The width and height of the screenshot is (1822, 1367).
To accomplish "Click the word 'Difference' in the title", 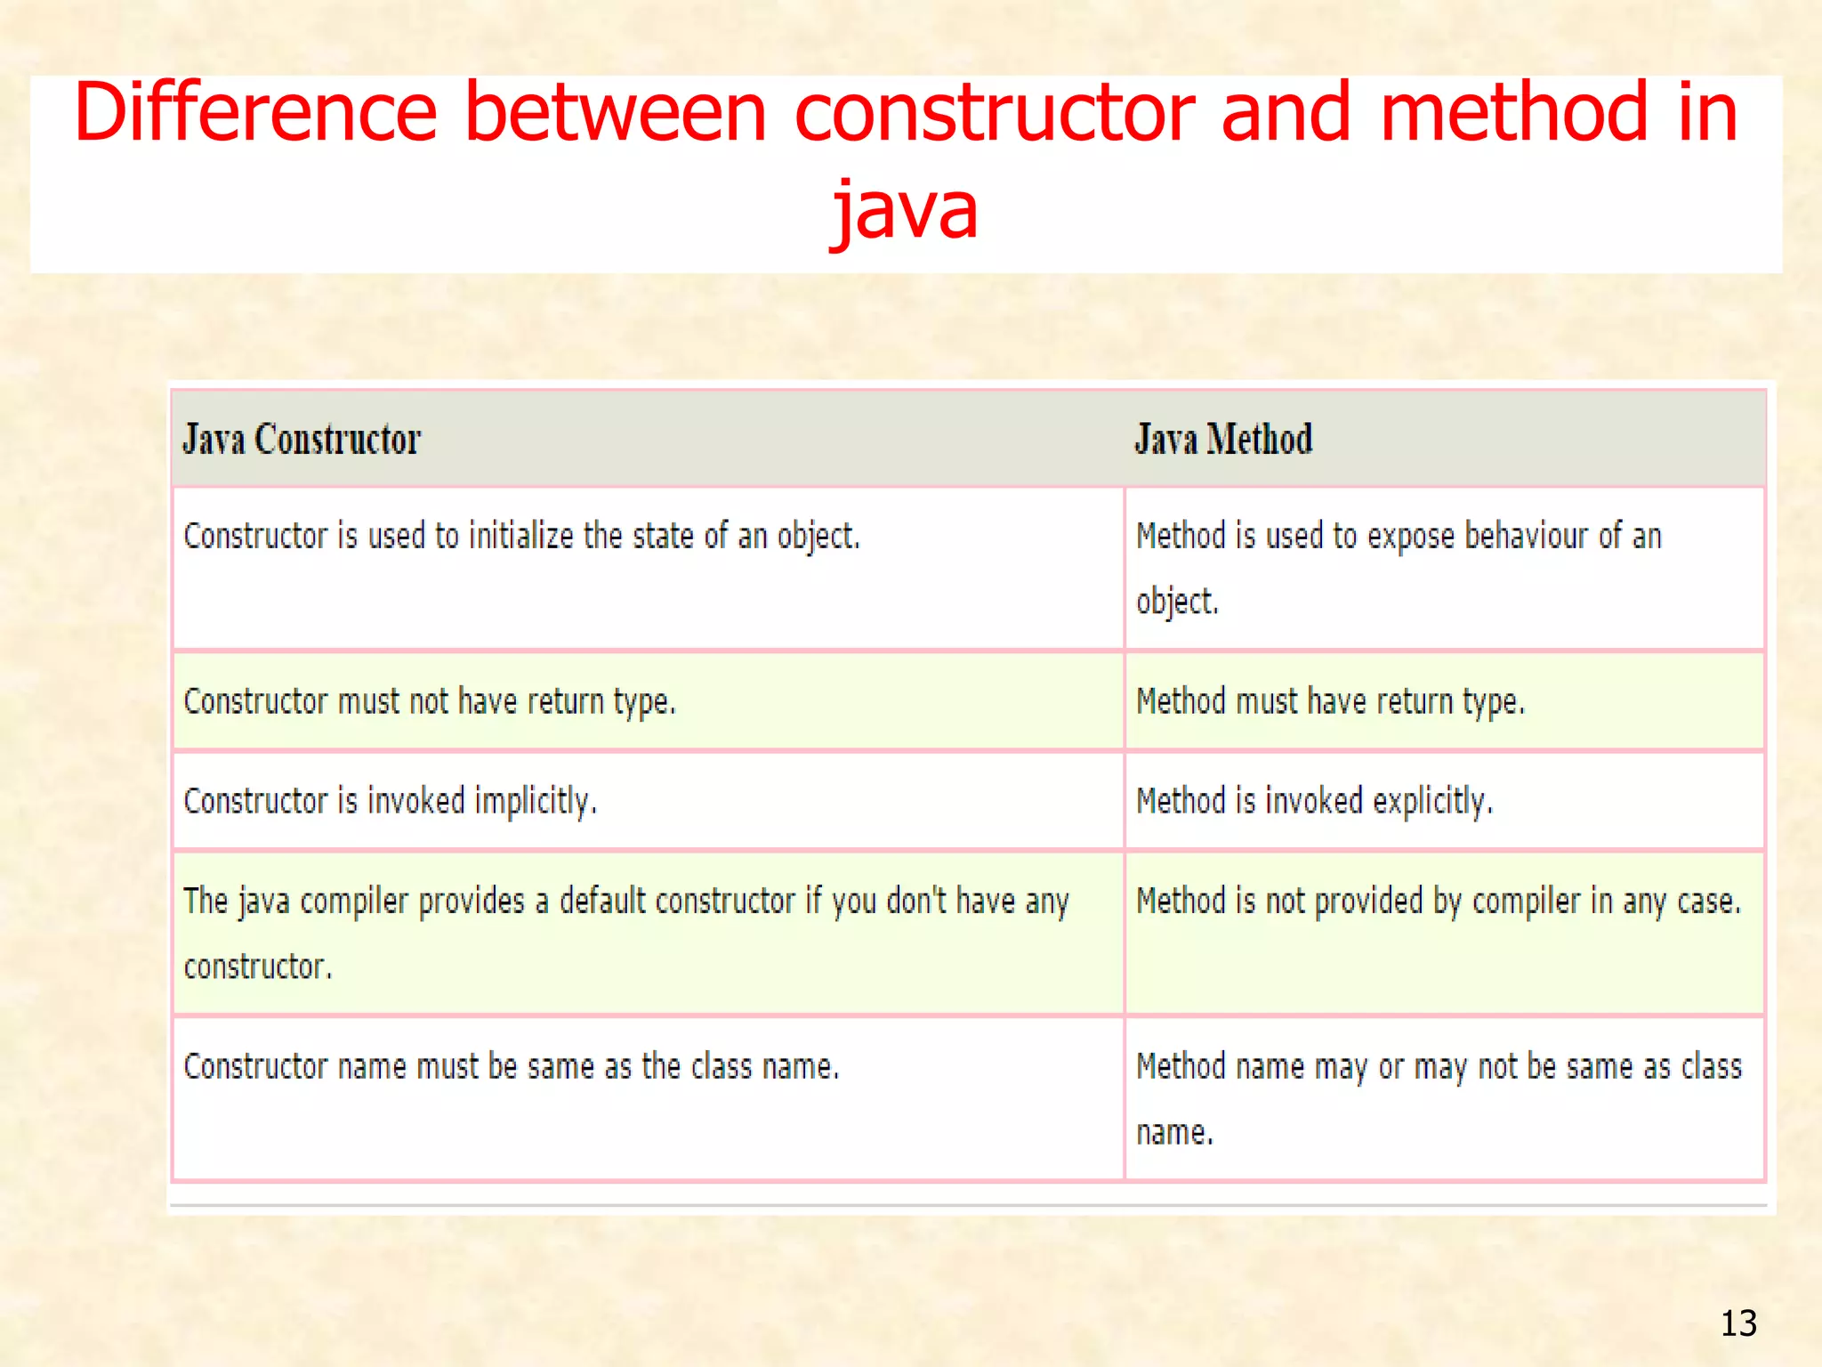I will point(255,113).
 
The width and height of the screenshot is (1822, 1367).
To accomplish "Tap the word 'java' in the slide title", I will point(905,210).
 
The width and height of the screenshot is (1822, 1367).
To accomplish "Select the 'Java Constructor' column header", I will point(302,440).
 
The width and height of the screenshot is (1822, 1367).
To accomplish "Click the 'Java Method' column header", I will point(1223,440).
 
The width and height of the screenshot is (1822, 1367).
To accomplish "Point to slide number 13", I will point(1738,1323).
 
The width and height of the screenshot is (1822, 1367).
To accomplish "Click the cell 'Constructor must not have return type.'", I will point(430,702).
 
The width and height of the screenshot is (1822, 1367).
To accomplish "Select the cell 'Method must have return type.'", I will point(1330,702).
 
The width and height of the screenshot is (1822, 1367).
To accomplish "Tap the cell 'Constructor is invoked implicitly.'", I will point(390,802).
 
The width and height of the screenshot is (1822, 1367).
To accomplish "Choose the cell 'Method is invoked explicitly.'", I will point(1314,802).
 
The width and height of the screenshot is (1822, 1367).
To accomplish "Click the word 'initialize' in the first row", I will point(520,537).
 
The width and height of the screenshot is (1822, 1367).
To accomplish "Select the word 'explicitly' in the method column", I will point(1431,802).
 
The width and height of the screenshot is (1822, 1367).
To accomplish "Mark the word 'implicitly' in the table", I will point(534,802).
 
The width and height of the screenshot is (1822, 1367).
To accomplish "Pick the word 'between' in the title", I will point(616,113).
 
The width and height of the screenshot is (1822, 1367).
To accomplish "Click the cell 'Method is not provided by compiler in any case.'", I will point(1438,902).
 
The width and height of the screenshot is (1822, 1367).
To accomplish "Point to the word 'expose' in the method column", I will point(1410,538).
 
